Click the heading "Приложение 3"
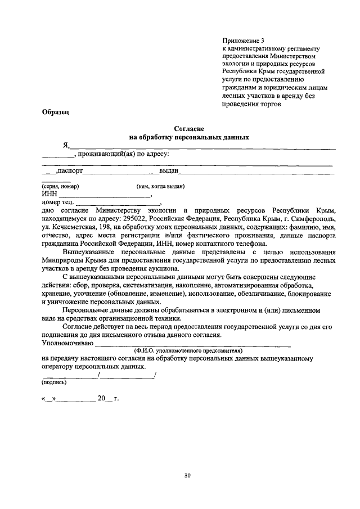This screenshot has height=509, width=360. (243, 40)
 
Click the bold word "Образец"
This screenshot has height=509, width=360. (55, 112)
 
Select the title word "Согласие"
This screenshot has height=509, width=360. (188, 129)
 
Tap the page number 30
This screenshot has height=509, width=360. (188, 476)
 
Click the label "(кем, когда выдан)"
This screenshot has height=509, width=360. (161, 186)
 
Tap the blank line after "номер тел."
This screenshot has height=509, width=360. (118, 203)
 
